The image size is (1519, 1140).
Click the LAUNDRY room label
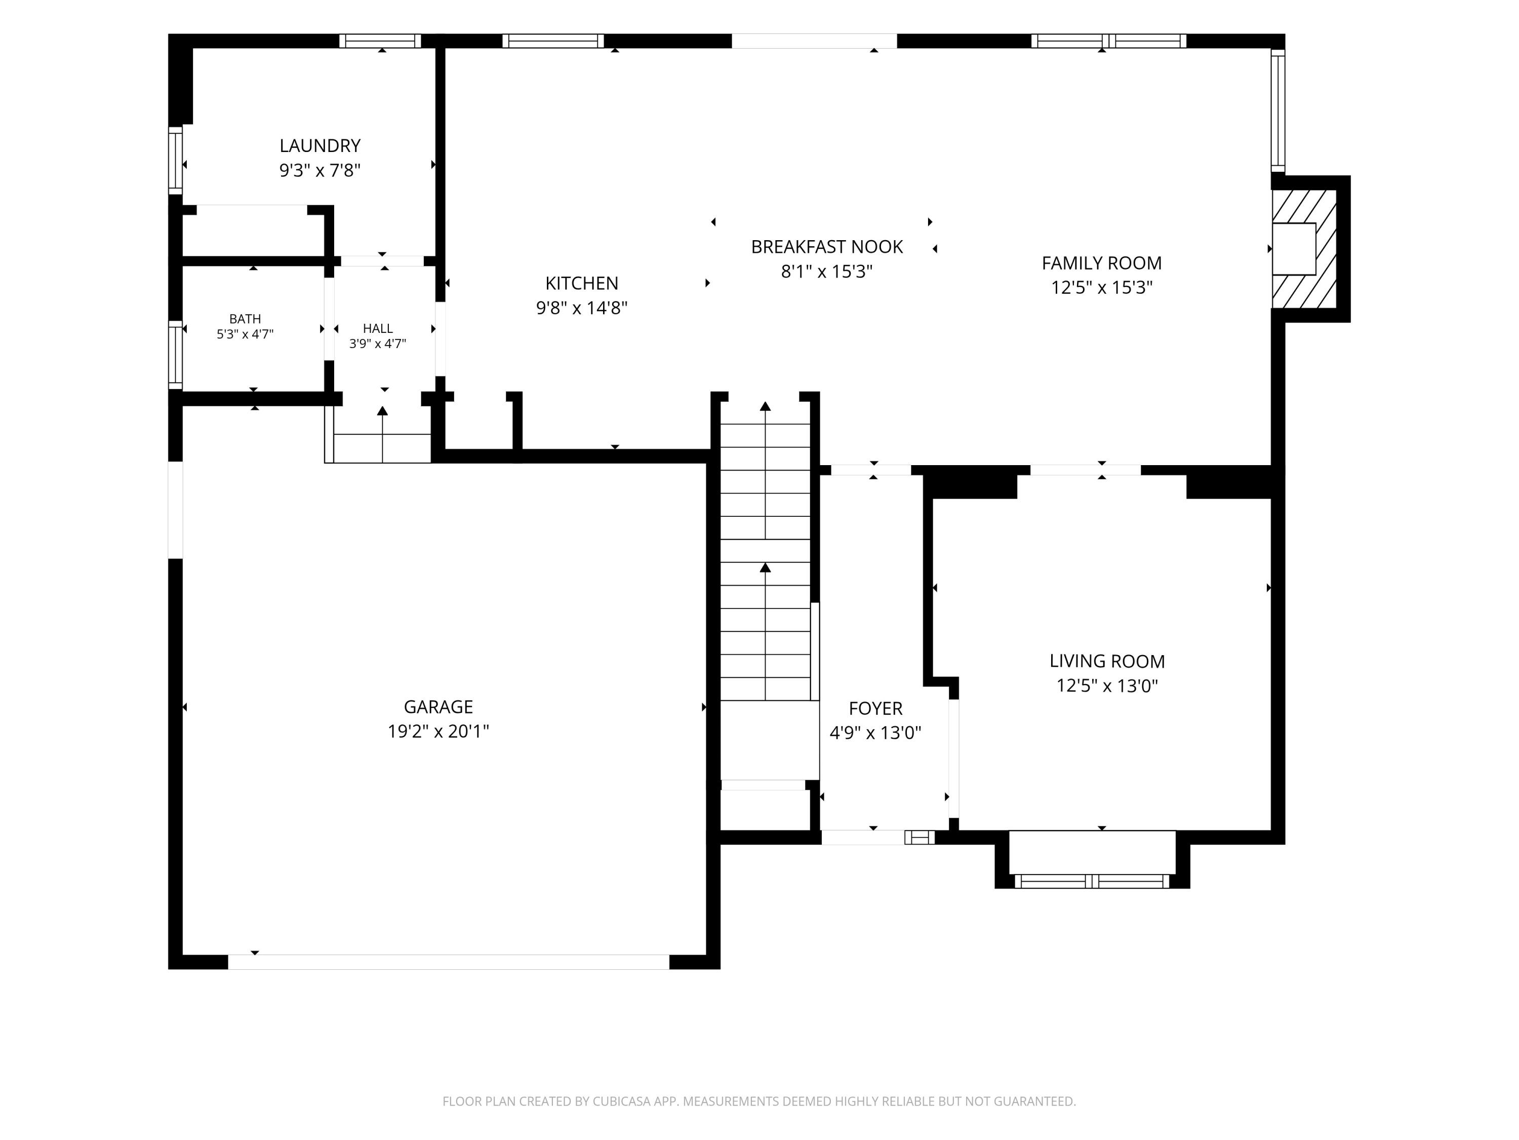[x=320, y=146]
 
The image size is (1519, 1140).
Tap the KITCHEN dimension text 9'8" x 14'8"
[x=582, y=308]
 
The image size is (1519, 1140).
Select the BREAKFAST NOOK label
[x=827, y=247]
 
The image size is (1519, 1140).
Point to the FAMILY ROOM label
[x=1101, y=263]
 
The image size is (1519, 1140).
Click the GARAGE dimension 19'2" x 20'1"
[x=438, y=731]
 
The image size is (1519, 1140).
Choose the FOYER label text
[x=875, y=708]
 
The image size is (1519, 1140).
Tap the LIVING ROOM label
[x=1107, y=661]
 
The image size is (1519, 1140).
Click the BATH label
[x=245, y=319]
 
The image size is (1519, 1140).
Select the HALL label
[x=378, y=328]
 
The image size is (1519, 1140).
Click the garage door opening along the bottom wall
[x=449, y=962]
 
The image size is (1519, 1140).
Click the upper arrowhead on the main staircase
[x=765, y=406]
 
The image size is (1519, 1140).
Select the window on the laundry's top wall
[x=380, y=41]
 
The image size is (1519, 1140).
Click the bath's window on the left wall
[x=176, y=355]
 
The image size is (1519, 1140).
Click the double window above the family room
[x=1109, y=41]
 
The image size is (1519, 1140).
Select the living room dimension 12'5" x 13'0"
[x=1107, y=686]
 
